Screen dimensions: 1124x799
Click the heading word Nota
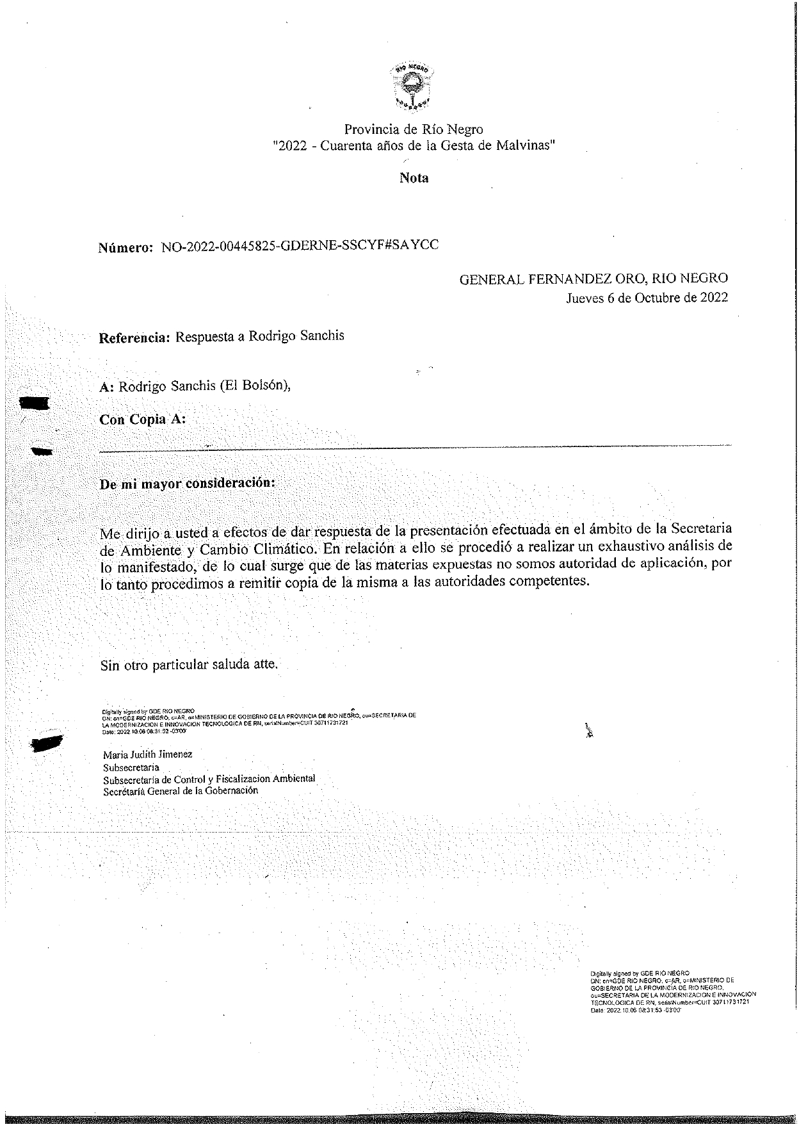click(414, 178)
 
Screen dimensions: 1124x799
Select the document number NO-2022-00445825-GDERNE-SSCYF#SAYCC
click(300, 246)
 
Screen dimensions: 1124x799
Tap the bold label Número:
click(126, 248)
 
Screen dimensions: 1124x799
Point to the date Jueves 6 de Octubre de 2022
click(647, 298)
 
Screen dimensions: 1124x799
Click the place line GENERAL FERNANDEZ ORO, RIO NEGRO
click(593, 279)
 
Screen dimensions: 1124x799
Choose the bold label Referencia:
click(134, 338)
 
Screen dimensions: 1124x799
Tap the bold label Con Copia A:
click(143, 420)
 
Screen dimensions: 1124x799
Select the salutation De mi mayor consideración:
click(187, 484)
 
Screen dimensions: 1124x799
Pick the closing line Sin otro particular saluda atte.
click(190, 664)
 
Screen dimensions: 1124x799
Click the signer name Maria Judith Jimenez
click(147, 754)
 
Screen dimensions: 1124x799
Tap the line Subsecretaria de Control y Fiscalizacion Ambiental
click(209, 779)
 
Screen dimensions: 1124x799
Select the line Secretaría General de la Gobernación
click(181, 790)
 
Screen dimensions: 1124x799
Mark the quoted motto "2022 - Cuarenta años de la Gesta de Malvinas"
click(414, 145)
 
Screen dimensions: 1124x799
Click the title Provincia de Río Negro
click(414, 129)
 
